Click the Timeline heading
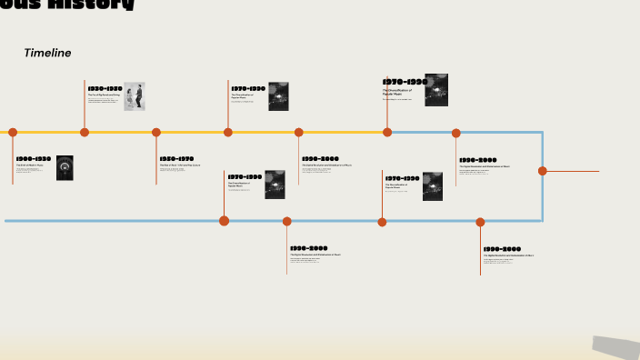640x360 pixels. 47,53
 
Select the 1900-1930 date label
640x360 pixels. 33,158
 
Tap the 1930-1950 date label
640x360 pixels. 105,88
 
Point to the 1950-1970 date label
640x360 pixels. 176,158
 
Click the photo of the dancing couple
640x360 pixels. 135,96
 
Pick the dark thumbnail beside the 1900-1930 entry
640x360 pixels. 65,167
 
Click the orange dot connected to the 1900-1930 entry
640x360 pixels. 13,132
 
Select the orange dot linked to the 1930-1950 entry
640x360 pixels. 85,132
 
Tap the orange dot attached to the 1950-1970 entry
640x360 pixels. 156,132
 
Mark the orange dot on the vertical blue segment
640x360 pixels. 543,171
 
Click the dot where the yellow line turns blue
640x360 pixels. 387,132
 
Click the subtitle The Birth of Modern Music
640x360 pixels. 29,165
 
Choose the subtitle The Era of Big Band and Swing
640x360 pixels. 104,95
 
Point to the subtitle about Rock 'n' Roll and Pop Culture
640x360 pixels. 176,165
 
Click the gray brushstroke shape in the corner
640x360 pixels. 615,347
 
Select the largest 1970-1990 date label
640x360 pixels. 405,82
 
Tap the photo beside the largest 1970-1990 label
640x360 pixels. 436,90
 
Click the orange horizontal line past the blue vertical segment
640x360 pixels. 573,171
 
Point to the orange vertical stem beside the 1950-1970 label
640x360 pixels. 156,164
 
